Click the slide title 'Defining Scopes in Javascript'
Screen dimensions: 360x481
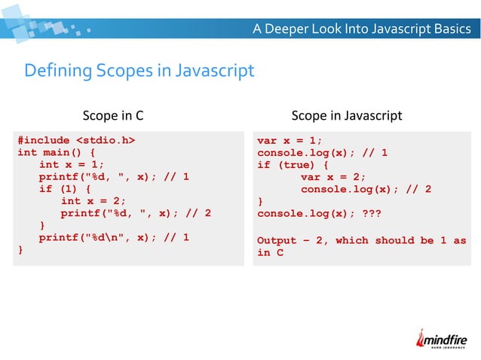pos(139,72)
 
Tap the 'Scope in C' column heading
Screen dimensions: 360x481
pos(112,116)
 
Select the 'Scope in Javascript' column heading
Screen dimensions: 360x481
pos(346,116)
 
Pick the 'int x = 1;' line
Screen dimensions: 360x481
pos(71,164)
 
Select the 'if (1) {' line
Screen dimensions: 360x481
pos(66,189)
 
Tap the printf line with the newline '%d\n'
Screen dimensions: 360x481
pos(113,238)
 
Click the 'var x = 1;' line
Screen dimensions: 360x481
pos(290,140)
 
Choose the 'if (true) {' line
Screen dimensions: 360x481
pos(293,164)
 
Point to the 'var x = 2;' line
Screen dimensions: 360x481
pos(333,177)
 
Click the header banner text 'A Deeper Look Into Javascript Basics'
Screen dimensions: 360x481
pos(361,29)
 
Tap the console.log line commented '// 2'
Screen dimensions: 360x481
pos(366,189)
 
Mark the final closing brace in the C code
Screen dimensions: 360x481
pos(20,250)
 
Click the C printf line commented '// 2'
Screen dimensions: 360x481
pos(136,213)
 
